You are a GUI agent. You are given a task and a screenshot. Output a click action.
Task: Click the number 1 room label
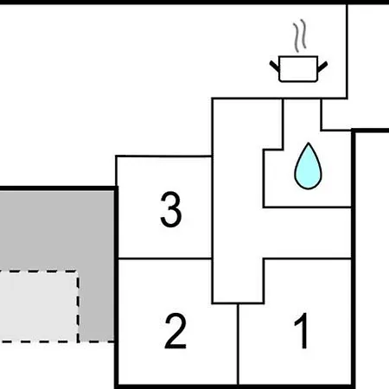[x=302, y=331]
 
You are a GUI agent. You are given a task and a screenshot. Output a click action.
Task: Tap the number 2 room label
[x=175, y=331]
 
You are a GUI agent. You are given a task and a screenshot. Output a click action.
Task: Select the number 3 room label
[x=171, y=209]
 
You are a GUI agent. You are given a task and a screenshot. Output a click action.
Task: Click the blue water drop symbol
[x=308, y=166]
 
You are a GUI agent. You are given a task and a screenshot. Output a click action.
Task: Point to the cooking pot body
[x=298, y=69]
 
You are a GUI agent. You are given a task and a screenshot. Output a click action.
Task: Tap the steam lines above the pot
[x=300, y=35]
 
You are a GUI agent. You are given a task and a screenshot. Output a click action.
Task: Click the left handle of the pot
[x=275, y=67]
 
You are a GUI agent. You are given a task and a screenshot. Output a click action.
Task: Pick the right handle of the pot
[x=322, y=67]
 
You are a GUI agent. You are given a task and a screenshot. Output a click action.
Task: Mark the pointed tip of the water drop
[x=309, y=143]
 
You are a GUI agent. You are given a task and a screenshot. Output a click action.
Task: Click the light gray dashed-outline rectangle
[x=38, y=306]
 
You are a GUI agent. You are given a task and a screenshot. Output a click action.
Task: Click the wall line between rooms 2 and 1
[x=238, y=344]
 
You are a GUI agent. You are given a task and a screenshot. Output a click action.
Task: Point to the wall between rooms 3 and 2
[x=165, y=258]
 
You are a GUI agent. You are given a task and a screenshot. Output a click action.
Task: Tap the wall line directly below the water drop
[x=307, y=207]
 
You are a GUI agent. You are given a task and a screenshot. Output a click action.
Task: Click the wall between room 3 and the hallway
[x=213, y=207]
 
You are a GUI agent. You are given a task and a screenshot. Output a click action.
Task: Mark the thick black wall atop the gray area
[x=59, y=188]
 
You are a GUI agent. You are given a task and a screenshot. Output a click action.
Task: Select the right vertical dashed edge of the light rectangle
[x=78, y=306]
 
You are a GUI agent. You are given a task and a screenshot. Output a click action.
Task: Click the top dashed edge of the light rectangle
[x=39, y=271]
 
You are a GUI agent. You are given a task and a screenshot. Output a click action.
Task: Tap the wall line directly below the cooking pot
[x=279, y=99]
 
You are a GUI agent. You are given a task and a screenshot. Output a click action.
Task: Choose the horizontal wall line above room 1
[x=307, y=259]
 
